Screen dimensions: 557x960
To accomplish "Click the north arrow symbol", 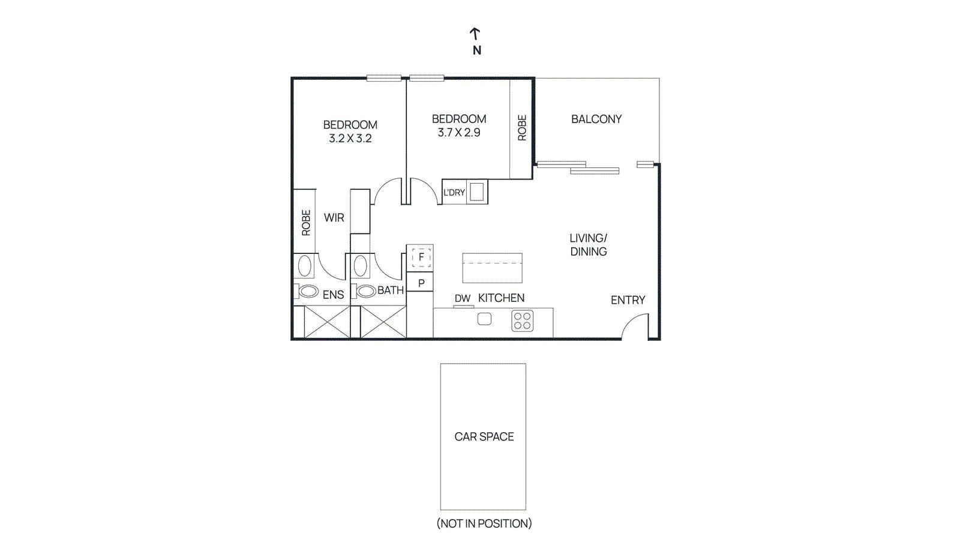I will (475, 34).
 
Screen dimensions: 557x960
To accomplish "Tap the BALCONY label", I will (596, 119).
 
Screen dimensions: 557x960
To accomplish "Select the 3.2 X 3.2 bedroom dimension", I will (350, 139).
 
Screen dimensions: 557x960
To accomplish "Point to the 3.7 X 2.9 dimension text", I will (459, 133).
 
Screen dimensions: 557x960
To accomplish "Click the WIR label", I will (334, 218).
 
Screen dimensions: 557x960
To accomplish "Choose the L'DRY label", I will (454, 193).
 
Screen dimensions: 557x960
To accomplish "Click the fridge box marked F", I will (421, 257).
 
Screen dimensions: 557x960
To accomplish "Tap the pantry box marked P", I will (421, 283).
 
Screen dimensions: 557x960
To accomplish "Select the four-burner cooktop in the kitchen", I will (522, 321).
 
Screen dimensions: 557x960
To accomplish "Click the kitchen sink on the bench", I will (484, 319).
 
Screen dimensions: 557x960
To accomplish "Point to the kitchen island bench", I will (492, 268).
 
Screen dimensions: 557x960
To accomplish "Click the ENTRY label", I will (628, 300).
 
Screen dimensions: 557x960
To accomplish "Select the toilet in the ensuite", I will (308, 292).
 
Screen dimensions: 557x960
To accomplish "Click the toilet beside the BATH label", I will (366, 292).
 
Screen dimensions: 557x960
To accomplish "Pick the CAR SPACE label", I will (484, 437).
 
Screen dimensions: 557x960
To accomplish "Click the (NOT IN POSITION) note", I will (484, 523).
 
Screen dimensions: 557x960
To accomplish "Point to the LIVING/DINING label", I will (588, 245).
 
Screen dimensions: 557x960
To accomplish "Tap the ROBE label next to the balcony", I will (522, 128).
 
